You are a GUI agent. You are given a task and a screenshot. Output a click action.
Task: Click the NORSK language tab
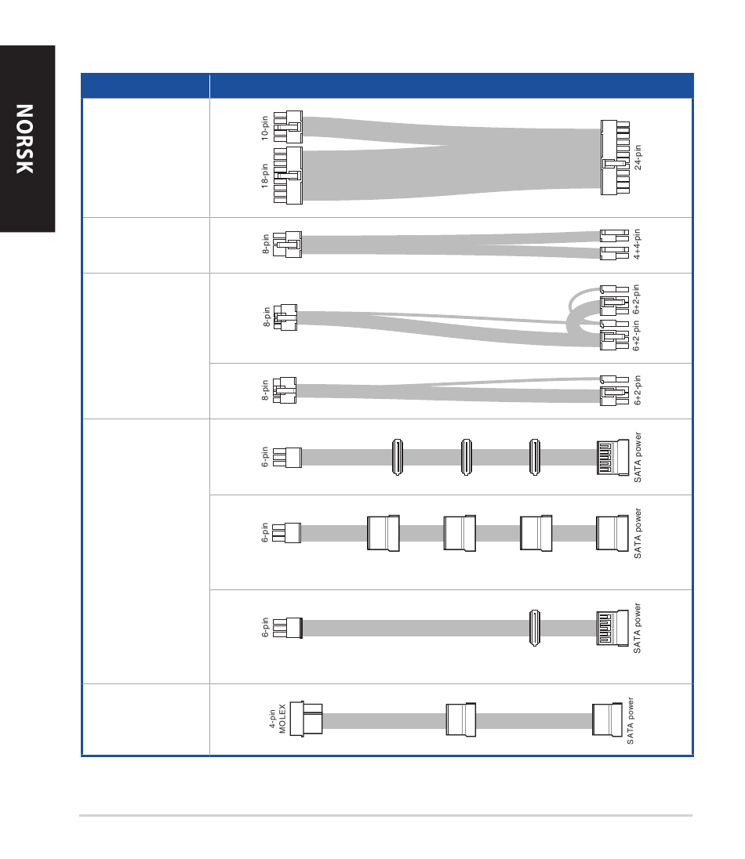25,139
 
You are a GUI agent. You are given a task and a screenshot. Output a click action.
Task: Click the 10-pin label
265,129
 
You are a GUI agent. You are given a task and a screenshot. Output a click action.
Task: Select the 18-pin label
265,176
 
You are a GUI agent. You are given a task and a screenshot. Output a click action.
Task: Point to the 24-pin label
638,158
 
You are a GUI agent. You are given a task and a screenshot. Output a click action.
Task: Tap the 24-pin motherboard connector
615,158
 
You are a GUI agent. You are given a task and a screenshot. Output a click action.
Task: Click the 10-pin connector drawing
288,127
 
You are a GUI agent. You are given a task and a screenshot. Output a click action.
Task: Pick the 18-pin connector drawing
288,176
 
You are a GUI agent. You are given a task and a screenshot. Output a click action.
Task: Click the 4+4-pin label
637,245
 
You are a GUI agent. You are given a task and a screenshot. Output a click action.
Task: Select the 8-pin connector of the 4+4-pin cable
287,245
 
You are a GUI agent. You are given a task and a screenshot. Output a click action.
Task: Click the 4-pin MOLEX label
278,719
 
